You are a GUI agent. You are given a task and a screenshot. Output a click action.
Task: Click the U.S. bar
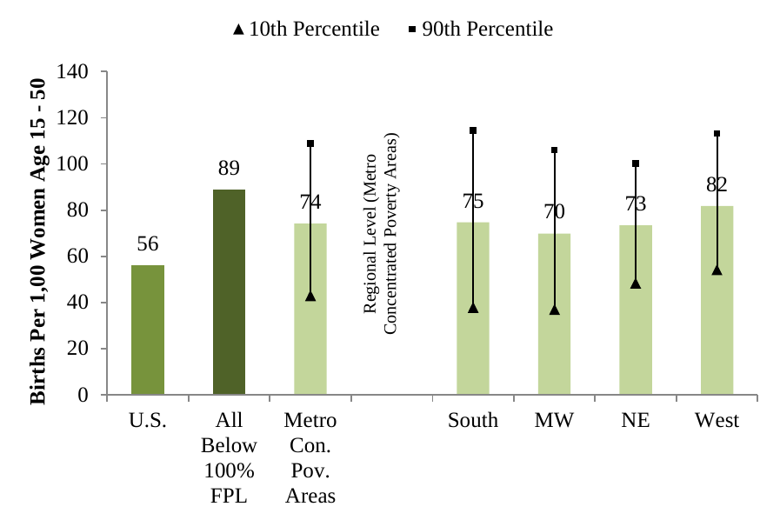click(x=148, y=330)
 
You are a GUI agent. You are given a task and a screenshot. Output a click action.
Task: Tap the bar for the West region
click(x=717, y=330)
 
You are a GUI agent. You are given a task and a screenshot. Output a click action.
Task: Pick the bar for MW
click(x=554, y=339)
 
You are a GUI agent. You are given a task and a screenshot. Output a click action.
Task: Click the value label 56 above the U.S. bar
click(x=148, y=244)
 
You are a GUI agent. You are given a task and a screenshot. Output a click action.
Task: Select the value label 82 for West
click(x=717, y=184)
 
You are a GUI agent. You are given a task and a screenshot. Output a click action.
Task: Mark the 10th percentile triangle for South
click(x=473, y=308)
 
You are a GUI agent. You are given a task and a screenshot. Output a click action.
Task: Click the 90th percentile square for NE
click(x=636, y=163)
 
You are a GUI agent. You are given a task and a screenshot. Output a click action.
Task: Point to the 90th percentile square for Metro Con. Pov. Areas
click(x=310, y=143)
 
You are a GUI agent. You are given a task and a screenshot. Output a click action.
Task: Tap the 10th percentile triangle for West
click(x=717, y=270)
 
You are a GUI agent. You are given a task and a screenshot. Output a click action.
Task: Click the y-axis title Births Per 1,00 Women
click(x=38, y=242)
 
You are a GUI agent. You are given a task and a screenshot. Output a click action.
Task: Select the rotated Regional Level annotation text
click(x=379, y=235)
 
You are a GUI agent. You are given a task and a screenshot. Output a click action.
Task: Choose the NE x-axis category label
click(x=636, y=421)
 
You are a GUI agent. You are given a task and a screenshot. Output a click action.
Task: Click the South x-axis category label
click(x=473, y=421)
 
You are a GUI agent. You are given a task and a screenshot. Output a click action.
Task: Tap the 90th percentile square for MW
click(x=554, y=150)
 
